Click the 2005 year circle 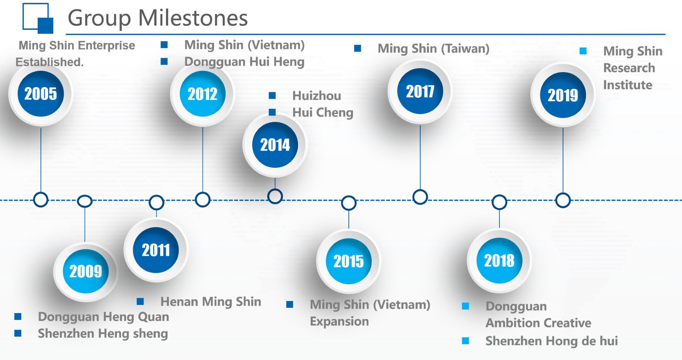(41, 94)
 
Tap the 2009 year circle (86, 272)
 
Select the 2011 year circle (156, 250)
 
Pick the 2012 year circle (203, 94)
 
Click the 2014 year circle (275, 145)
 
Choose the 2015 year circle (349, 261)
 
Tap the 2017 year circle (420, 91)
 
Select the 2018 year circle (499, 260)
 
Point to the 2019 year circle (563, 95)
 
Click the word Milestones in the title (193, 18)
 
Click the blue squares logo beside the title (38, 18)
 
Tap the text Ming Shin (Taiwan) (433, 48)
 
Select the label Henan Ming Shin (211, 302)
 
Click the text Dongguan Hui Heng (244, 62)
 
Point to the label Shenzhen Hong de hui (552, 341)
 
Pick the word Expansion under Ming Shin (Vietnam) (339, 321)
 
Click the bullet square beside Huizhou (272, 95)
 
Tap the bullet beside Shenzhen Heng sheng (18, 333)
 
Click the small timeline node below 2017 (420, 197)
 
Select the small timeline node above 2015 (349, 203)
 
